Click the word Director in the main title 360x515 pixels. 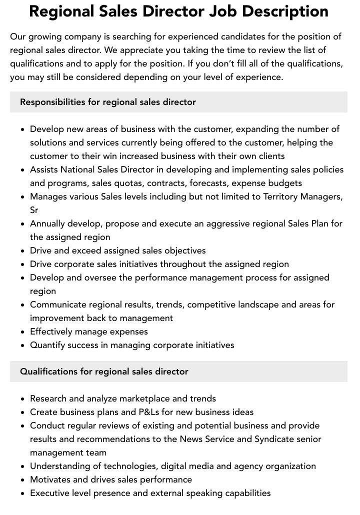tap(166, 11)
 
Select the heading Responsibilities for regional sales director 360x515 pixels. tap(108, 102)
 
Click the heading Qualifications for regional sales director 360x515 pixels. tap(104, 371)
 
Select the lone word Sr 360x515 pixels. tap(34, 210)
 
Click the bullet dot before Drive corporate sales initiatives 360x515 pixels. tap(23, 264)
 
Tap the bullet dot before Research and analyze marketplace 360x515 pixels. tap(23, 399)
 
